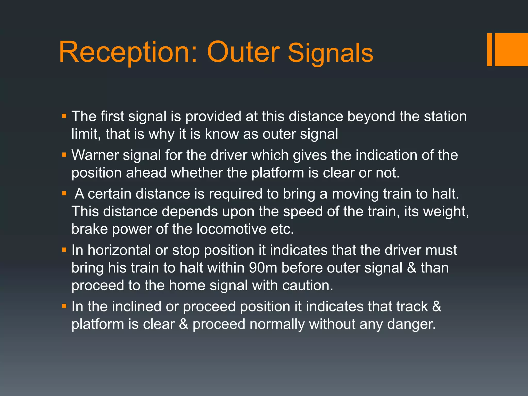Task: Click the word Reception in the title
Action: [x=128, y=53]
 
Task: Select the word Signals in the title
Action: [x=330, y=53]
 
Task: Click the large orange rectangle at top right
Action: [x=511, y=49]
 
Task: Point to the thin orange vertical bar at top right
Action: [x=489, y=49]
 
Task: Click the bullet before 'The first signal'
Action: [x=64, y=116]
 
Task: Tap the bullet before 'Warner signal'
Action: [x=64, y=155]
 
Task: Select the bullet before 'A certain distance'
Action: [x=64, y=194]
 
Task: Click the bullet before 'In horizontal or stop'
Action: [x=64, y=250]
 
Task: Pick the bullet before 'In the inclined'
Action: [x=64, y=306]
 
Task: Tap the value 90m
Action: [x=263, y=268]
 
